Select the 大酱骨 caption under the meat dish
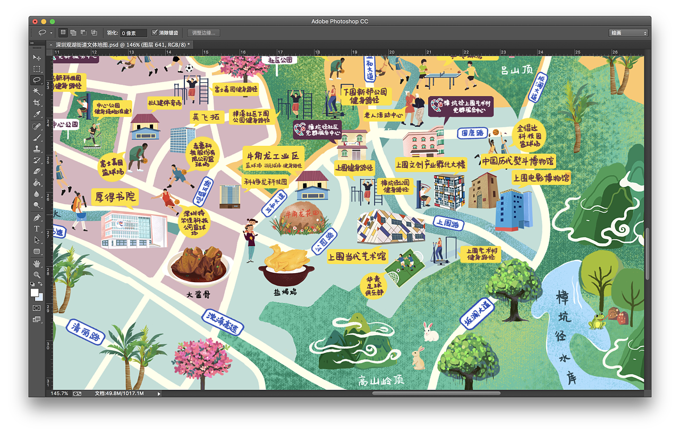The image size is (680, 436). click(x=198, y=294)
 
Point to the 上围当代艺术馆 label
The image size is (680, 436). click(x=358, y=257)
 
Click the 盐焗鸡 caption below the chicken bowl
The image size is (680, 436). click(x=285, y=291)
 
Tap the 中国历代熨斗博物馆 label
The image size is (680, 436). click(x=517, y=161)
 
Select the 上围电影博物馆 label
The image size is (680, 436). click(x=541, y=178)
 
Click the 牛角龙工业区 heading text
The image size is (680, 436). click(x=273, y=156)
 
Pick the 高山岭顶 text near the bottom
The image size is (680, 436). click(x=381, y=381)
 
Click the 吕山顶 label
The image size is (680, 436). click(x=516, y=70)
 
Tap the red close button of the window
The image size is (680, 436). click(x=35, y=21)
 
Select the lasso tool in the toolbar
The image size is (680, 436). click(x=37, y=80)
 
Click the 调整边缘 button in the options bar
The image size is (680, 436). click(x=203, y=33)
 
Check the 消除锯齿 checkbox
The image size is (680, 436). click(x=155, y=33)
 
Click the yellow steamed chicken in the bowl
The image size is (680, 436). click(x=286, y=259)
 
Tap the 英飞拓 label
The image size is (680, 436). click(x=206, y=117)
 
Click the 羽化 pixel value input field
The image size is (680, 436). click(x=133, y=33)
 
